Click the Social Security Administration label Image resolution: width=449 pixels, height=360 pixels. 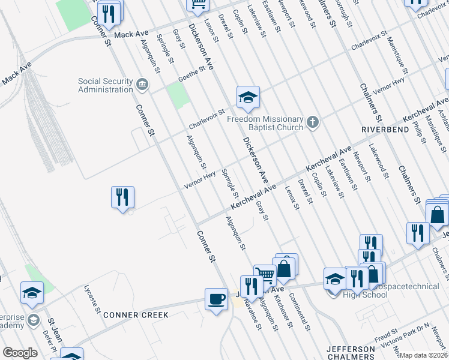pyautogui.click(x=105, y=85)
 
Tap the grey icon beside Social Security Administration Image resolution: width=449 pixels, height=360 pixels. pyautogui.click(x=142, y=84)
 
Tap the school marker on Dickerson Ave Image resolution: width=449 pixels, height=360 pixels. pyautogui.click(x=247, y=97)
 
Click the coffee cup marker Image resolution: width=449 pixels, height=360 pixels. pyautogui.click(x=216, y=298)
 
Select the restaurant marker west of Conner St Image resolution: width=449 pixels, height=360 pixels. pyautogui.click(x=122, y=197)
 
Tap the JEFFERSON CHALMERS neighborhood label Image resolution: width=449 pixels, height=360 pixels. pyautogui.click(x=351, y=353)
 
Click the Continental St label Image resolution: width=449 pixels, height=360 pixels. pyautogui.click(x=299, y=312)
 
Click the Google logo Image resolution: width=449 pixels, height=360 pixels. pyautogui.click(x=20, y=353)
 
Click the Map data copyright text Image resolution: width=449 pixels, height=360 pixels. pyautogui.click(x=423, y=355)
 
